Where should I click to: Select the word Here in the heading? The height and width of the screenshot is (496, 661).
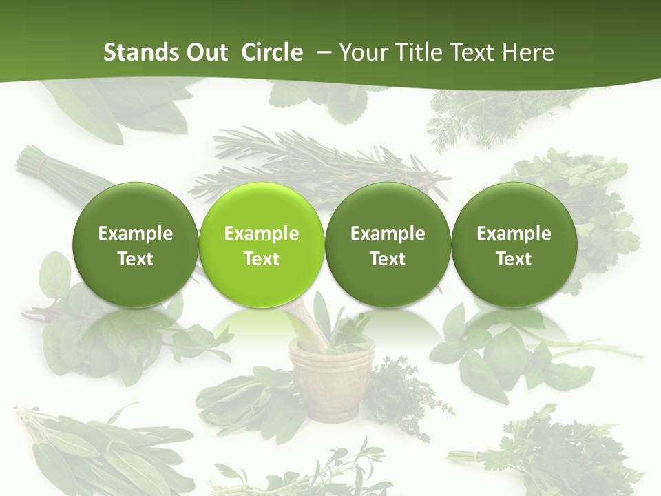click(530, 52)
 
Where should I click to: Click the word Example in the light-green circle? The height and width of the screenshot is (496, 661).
click(262, 234)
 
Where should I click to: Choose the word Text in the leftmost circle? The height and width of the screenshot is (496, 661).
click(135, 259)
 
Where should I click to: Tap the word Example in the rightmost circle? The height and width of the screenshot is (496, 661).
click(514, 234)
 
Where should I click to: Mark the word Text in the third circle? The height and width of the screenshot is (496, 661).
click(388, 259)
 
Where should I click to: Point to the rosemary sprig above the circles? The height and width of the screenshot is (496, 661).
click(324, 162)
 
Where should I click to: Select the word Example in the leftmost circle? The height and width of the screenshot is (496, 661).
click(135, 234)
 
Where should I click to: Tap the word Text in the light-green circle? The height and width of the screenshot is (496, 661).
click(262, 259)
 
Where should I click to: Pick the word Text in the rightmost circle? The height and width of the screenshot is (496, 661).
click(514, 259)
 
